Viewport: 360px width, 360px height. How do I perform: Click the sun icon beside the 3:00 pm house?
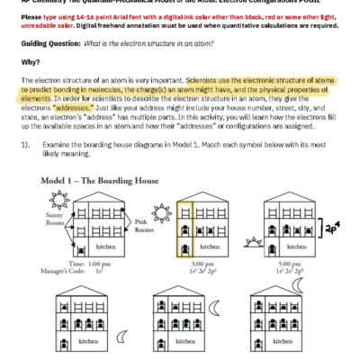click(x=163, y=212)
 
